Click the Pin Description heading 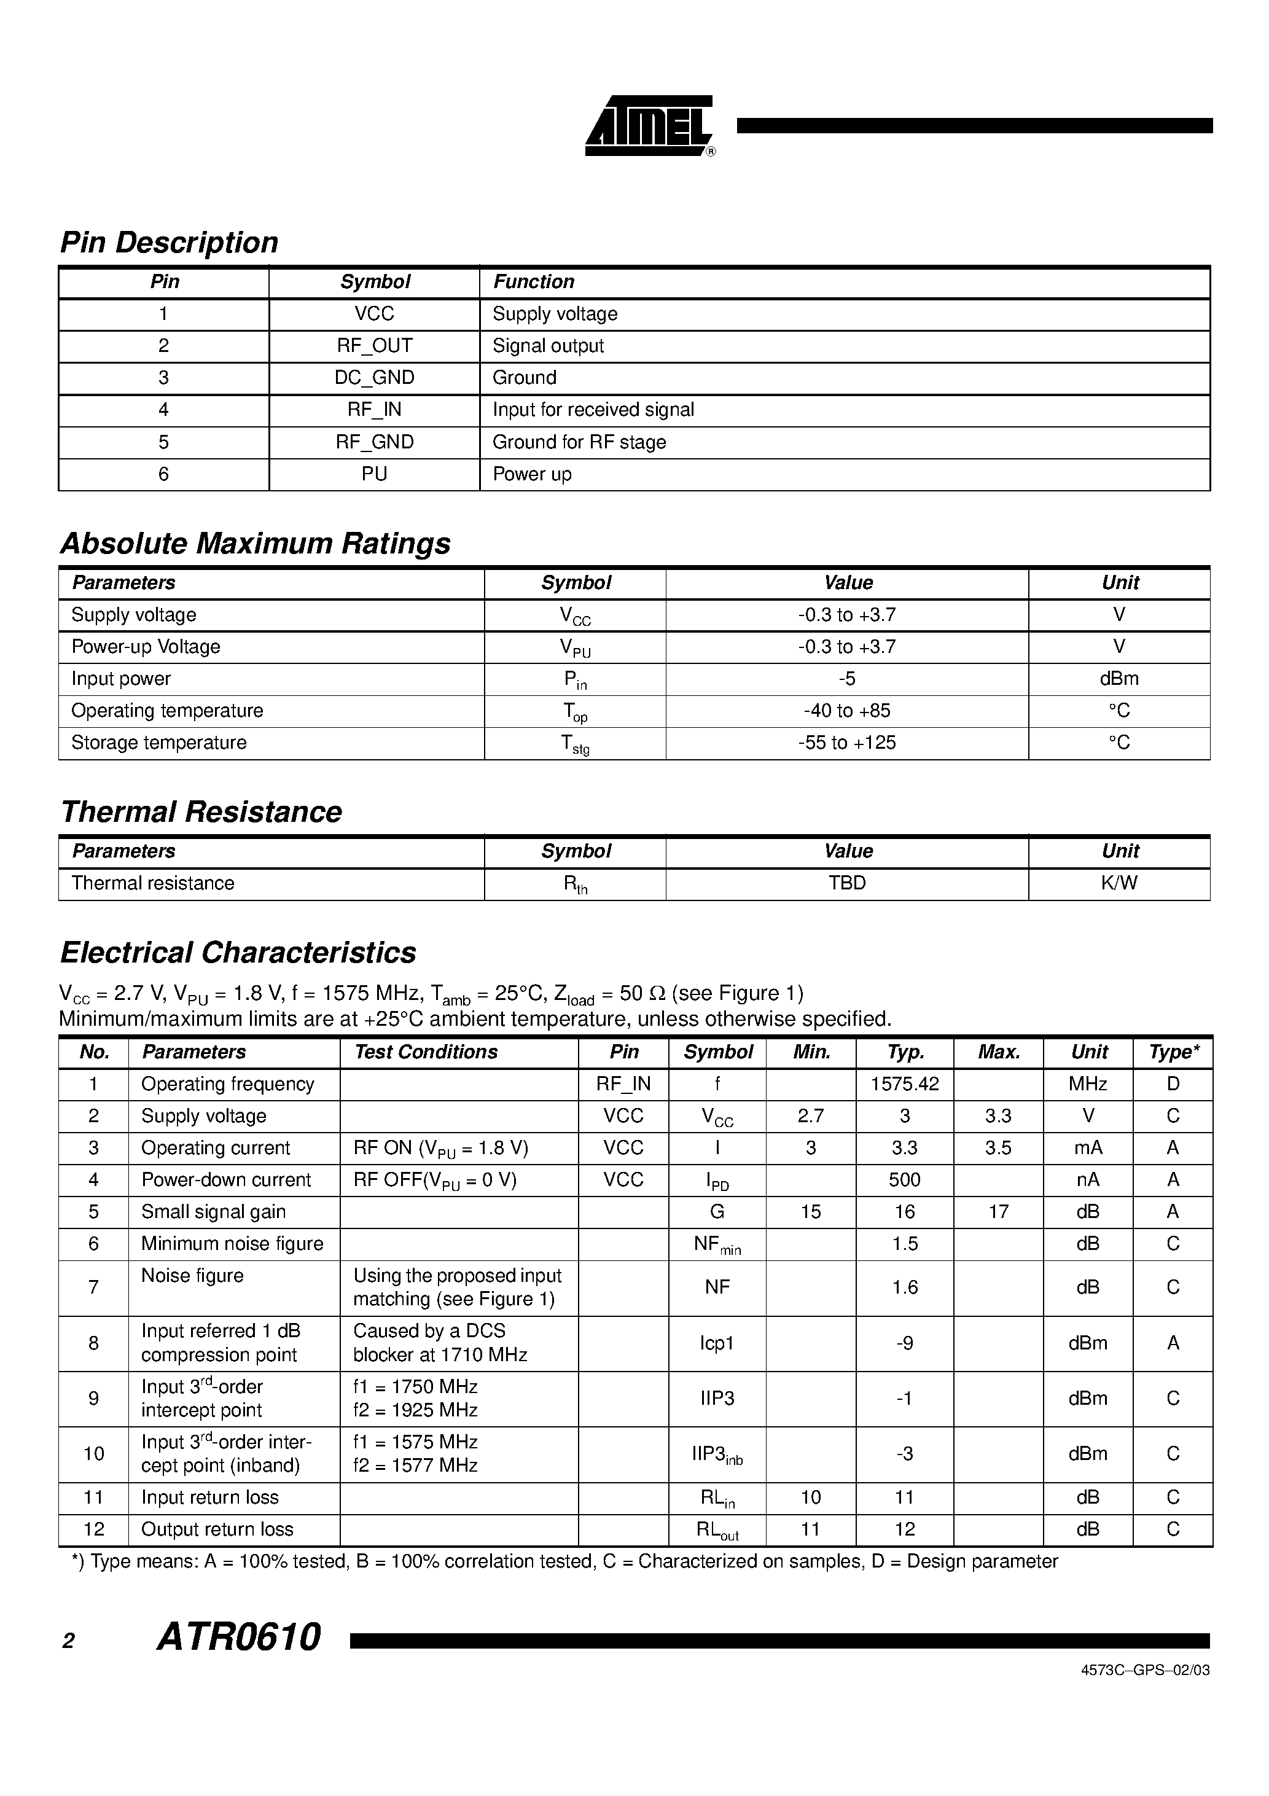pos(169,243)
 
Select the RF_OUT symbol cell pos(374,346)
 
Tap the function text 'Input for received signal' pos(593,410)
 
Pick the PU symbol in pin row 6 pos(374,474)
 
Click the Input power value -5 pos(846,679)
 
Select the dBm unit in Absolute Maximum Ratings pos(1119,679)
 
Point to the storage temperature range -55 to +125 pos(846,743)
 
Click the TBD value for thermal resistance pos(846,883)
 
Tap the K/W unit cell pos(1119,883)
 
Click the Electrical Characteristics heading pos(238,953)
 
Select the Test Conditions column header pos(426,1052)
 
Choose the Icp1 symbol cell pos(717,1343)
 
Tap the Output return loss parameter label pos(217,1529)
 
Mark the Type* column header pos(1173,1052)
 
